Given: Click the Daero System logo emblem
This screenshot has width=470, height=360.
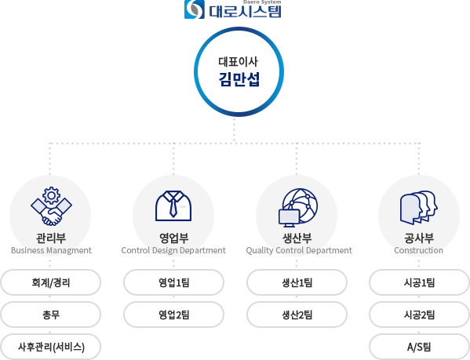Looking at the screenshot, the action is (195, 9).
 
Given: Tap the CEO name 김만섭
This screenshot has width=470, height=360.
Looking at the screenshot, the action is (239, 79).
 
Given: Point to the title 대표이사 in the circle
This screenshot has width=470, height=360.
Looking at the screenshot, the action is (238, 62).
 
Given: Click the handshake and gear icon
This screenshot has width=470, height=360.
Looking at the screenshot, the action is (51, 206).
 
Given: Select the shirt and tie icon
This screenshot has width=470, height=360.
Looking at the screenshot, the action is (173, 206).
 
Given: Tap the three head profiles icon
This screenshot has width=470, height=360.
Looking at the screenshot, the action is (419, 208).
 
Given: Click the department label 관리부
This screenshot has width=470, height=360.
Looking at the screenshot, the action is (51, 238).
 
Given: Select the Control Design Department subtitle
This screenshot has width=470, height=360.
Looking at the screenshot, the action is (173, 250).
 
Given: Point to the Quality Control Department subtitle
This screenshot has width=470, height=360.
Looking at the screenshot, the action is (299, 250).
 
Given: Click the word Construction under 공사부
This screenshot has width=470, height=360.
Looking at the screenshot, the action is (418, 250).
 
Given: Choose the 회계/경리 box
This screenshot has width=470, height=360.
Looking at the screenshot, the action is (51, 282).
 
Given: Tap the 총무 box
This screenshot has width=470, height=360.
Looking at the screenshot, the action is (51, 315).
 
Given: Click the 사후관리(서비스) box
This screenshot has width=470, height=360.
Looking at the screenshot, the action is (51, 347).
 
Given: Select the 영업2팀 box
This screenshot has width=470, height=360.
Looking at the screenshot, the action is (174, 315).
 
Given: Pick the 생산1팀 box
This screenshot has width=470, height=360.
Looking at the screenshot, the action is (297, 282).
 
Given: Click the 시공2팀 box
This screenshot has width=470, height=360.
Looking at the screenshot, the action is (419, 315).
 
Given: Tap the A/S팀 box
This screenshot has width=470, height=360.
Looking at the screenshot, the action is (419, 347).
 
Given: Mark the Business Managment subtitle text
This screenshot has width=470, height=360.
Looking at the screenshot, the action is (51, 250).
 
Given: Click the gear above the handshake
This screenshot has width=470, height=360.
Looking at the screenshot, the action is (51, 195).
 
